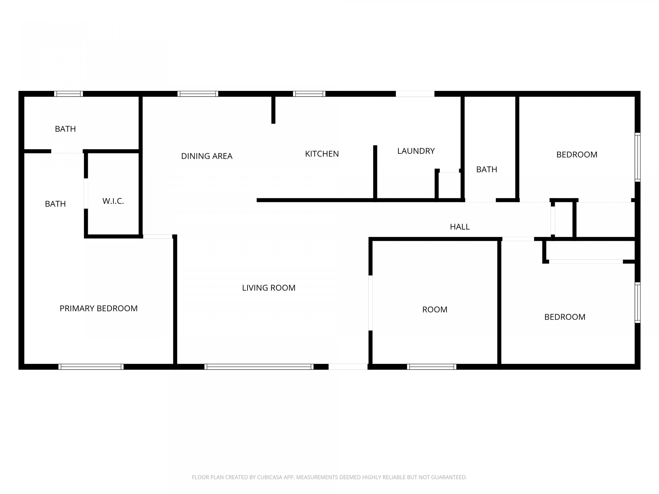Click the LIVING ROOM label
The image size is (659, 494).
click(269, 288)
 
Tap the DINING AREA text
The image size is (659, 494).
click(207, 156)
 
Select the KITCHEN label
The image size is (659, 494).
click(322, 154)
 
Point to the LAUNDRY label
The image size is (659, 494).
click(416, 151)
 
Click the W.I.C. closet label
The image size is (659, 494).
click(113, 201)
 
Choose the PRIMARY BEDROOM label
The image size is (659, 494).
click(99, 308)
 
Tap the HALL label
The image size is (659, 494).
click(460, 227)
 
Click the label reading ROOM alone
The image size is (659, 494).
click(435, 309)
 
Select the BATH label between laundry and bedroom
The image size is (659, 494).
click(487, 169)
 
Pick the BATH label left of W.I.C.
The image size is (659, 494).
click(55, 204)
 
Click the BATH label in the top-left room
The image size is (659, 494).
click(65, 129)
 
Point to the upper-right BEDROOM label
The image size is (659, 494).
click(577, 155)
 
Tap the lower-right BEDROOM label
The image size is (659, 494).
click(565, 317)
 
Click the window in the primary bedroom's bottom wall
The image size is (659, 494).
click(91, 367)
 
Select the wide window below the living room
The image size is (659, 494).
click(259, 367)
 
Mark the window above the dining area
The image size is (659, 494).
click(198, 94)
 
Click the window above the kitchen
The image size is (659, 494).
click(309, 94)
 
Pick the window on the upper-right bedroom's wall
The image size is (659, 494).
click(637, 157)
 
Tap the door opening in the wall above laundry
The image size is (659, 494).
click(415, 94)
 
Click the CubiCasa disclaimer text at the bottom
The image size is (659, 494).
click(329, 477)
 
